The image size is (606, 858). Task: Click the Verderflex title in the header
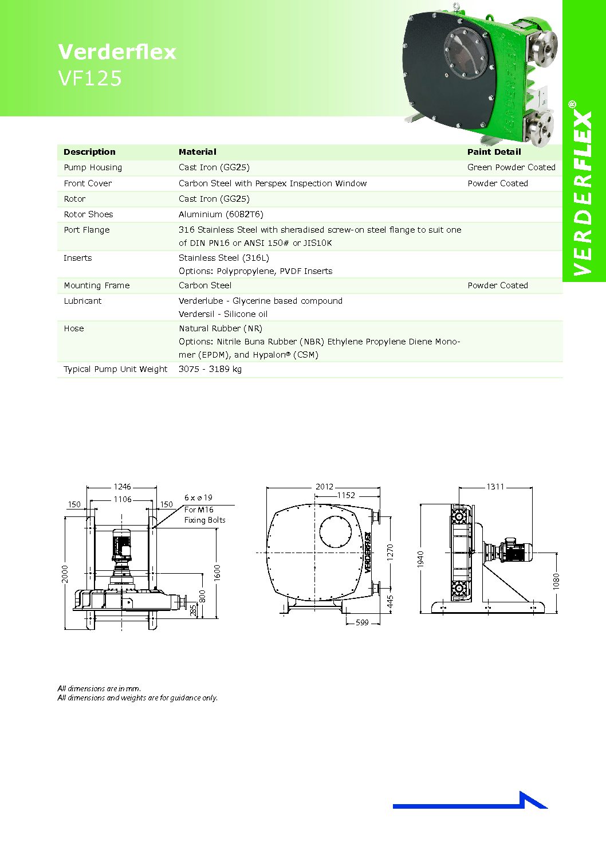(x=117, y=52)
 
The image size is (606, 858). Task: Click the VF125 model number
(x=90, y=79)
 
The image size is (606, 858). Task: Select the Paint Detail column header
(x=494, y=152)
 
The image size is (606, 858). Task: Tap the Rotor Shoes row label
(x=88, y=214)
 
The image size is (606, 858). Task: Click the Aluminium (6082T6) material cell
(x=221, y=214)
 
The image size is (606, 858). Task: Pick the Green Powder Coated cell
(x=511, y=167)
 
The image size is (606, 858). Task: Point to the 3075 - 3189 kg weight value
(x=210, y=369)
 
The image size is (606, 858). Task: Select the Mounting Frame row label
(x=96, y=285)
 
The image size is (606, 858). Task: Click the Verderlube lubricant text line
(x=260, y=301)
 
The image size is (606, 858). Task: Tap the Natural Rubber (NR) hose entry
(x=220, y=328)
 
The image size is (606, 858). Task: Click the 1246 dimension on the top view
(x=122, y=487)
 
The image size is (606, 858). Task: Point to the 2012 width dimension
(x=324, y=487)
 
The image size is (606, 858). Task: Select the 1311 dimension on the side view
(x=495, y=487)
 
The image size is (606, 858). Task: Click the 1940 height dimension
(x=420, y=559)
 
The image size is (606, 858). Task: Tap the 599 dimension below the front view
(x=362, y=622)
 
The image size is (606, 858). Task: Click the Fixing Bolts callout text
(x=204, y=520)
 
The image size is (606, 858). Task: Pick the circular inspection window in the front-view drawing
(x=335, y=531)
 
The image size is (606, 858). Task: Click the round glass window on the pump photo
(x=466, y=52)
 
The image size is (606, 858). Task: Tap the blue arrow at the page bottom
(x=470, y=802)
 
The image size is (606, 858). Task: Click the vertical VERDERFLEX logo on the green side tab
(x=583, y=192)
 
